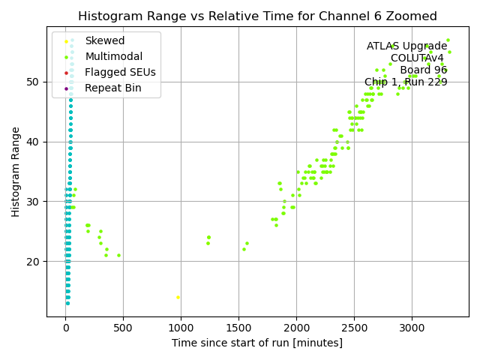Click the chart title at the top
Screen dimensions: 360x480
[x=257, y=16]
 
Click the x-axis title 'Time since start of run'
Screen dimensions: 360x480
[x=257, y=343]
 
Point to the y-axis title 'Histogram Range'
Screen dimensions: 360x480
[x=16, y=172]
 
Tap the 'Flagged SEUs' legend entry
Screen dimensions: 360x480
[x=120, y=73]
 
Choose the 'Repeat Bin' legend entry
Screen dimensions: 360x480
[x=112, y=88]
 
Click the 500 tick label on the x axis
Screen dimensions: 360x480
[x=123, y=328]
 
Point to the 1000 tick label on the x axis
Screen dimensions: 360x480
[x=181, y=328]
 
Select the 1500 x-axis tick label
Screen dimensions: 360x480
[x=238, y=328]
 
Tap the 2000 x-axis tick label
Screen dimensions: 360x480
[x=296, y=328]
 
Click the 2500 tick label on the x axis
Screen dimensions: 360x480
[x=354, y=328]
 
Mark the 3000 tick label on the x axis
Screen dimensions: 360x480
[x=412, y=328]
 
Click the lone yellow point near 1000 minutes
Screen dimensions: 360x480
[x=178, y=297]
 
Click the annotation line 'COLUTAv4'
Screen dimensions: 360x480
[x=417, y=58]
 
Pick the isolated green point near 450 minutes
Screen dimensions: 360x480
[x=118, y=255]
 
